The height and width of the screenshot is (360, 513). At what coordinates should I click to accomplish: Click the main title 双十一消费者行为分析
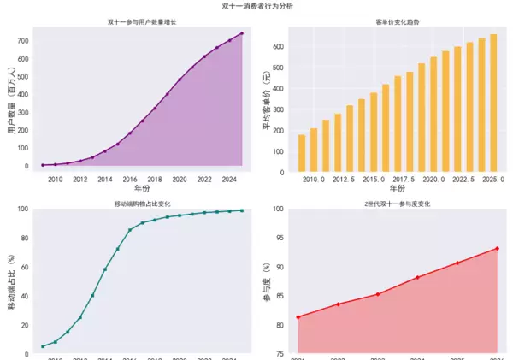pyautogui.click(x=256, y=6)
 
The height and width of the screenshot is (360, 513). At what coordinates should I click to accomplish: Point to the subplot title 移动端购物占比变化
pyautogui.click(x=142, y=204)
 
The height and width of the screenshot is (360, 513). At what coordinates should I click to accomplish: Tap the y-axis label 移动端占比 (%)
pyautogui.click(x=11, y=281)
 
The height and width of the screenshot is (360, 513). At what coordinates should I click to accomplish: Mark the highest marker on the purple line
pyautogui.click(x=242, y=33)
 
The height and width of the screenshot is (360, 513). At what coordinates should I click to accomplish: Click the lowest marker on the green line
pyautogui.click(x=43, y=346)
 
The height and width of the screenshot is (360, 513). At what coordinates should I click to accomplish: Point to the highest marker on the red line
pyautogui.click(x=497, y=249)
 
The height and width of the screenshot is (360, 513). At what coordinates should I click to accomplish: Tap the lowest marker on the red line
pyautogui.click(x=298, y=317)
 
